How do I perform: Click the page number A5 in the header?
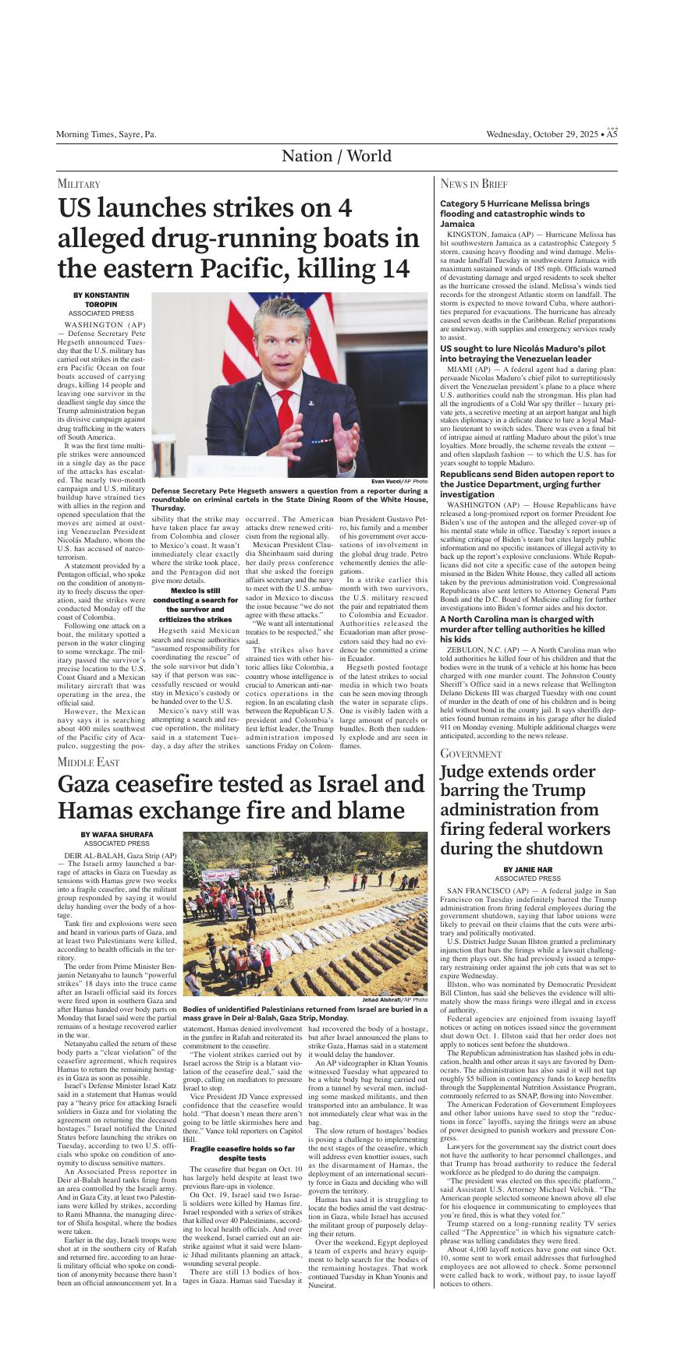tap(612, 134)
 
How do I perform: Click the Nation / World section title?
tap(336, 156)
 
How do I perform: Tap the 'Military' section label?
tap(79, 184)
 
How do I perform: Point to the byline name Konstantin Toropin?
tap(101, 300)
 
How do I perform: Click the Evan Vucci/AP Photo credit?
tap(399, 482)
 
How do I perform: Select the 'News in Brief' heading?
tap(474, 184)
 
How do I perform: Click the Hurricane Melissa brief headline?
tap(515, 214)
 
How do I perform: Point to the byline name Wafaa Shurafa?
tap(117, 835)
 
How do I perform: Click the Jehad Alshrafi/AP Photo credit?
tap(395, 999)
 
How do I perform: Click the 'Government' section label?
tap(471, 754)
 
